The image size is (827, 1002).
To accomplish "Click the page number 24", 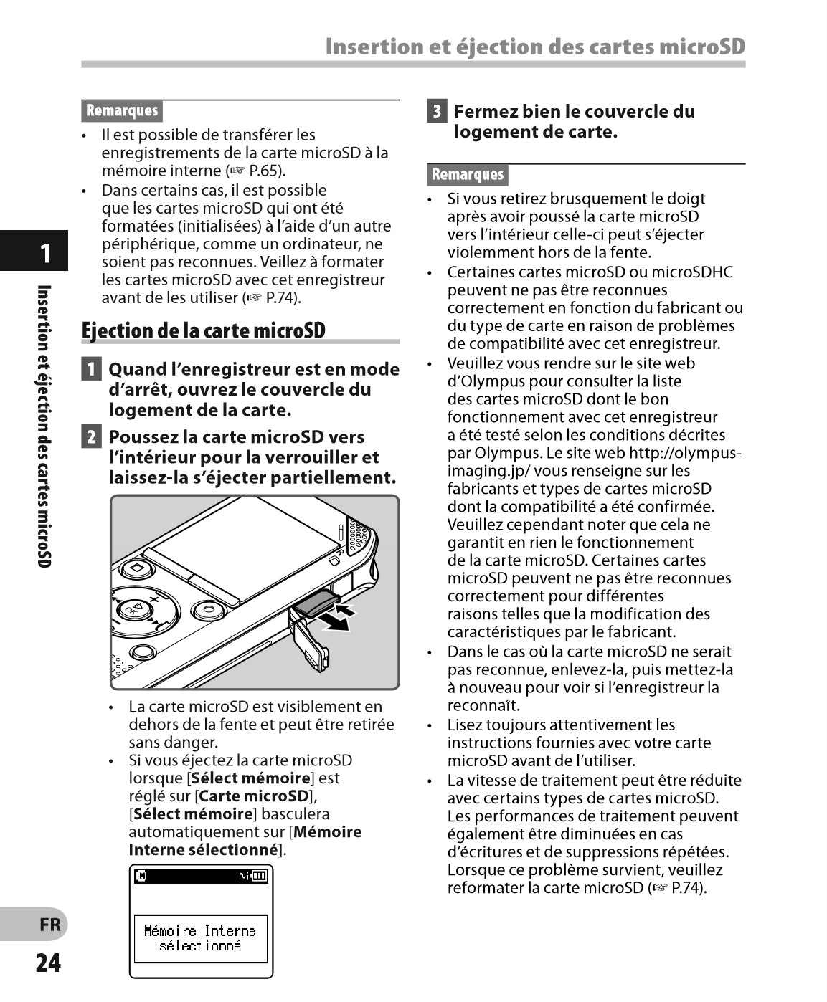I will [48, 963].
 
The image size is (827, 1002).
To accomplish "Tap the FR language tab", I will [50, 925].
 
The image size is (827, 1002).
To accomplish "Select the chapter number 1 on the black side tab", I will [45, 253].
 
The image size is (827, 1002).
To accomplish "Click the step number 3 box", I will [436, 112].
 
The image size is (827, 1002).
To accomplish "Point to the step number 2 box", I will [90, 436].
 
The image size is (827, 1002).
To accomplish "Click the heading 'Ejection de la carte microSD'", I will [204, 330].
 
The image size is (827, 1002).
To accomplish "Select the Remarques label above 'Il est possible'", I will [122, 110].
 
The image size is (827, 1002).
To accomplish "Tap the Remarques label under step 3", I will [468, 174].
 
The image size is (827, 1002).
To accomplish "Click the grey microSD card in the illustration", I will [316, 604].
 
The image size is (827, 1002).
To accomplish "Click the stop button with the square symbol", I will [136, 570].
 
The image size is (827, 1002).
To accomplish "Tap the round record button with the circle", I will [209, 610].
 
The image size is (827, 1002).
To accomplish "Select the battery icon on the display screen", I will [259, 876].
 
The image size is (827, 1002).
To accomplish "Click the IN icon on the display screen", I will [141, 876].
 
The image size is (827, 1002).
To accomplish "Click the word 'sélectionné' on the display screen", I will [200, 945].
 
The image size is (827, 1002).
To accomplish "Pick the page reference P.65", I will [265, 171].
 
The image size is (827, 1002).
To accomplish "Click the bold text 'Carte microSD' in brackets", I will [254, 796].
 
